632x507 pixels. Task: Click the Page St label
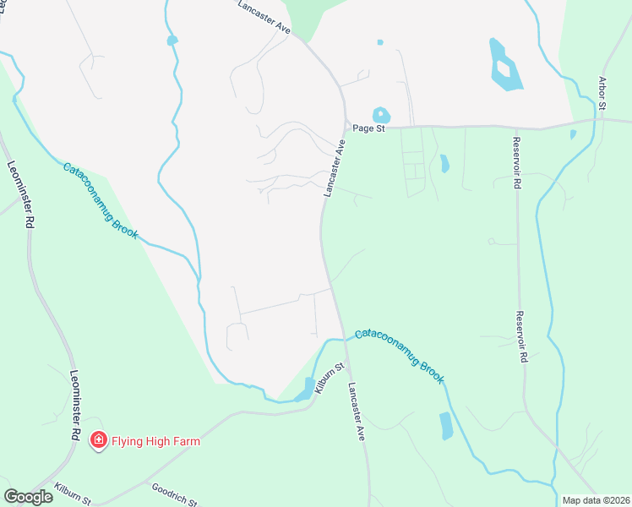(368, 128)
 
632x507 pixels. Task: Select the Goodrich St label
(173, 493)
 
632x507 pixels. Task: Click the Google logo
(28, 497)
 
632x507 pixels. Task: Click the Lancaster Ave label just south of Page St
(335, 169)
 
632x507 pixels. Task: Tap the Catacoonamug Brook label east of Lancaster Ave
(400, 356)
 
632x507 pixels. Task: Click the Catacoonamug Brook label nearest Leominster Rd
(100, 200)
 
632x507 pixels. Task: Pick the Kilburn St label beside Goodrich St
(71, 492)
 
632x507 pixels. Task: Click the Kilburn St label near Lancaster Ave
(330, 378)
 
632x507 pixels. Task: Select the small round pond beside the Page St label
(381, 114)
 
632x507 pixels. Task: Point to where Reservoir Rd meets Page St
(514, 128)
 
